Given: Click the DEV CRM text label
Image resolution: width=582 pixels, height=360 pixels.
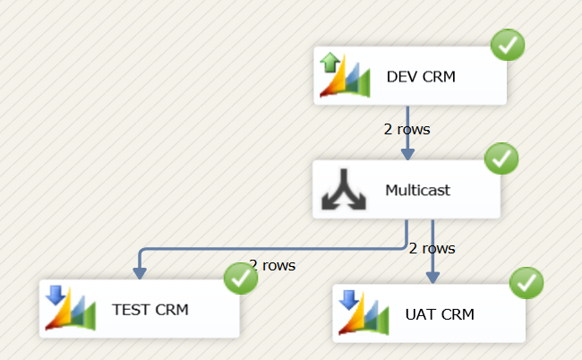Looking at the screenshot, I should [x=421, y=76].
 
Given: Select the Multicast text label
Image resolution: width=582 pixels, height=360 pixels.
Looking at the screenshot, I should [x=417, y=190].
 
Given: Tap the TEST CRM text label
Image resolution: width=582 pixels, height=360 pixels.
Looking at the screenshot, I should [x=150, y=310].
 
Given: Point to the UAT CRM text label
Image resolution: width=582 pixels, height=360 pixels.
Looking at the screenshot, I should [x=440, y=314].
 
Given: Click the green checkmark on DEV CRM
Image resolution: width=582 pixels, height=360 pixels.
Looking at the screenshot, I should [x=508, y=45].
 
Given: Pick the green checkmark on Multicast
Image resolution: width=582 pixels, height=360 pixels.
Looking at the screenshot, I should [x=501, y=159].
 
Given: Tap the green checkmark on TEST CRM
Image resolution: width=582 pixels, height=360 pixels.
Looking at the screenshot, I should [x=240, y=279].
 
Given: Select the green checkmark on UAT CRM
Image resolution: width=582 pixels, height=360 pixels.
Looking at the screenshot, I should [x=526, y=284].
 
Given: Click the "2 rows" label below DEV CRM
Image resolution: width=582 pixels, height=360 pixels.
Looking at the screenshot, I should [x=407, y=129].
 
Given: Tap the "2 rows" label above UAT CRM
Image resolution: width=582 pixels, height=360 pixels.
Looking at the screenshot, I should [x=432, y=248].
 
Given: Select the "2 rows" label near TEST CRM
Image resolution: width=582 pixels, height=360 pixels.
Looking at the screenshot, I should [x=273, y=265].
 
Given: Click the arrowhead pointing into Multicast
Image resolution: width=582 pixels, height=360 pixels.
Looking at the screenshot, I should [x=408, y=154].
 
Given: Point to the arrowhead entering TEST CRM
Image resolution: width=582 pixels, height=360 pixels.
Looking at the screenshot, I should [x=140, y=273].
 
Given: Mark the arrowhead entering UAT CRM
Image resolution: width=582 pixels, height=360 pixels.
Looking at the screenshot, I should [x=432, y=278].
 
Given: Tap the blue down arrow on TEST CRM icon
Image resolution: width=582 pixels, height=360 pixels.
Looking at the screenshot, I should [x=55, y=295].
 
